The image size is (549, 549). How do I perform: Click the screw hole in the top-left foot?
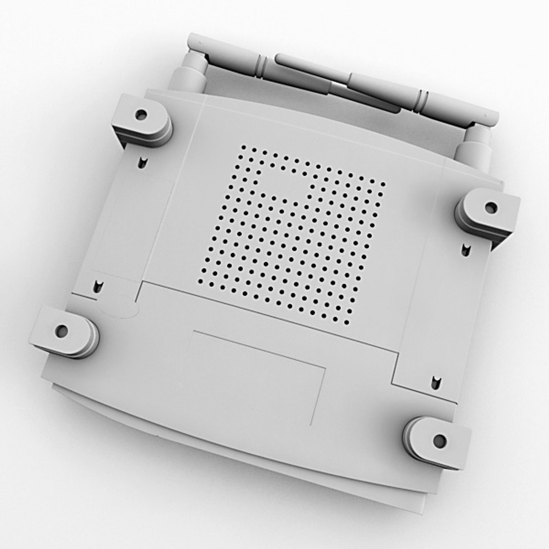[141, 115]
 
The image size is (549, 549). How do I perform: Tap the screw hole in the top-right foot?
[491, 207]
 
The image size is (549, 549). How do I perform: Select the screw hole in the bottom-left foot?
[62, 331]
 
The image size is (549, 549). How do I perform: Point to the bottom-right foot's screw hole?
[440, 441]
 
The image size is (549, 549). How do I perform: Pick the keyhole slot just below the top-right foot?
[466, 249]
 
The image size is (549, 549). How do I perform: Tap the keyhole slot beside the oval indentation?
[97, 287]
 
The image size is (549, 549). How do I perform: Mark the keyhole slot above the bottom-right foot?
[435, 382]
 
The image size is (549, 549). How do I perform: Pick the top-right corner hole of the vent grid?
[384, 182]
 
